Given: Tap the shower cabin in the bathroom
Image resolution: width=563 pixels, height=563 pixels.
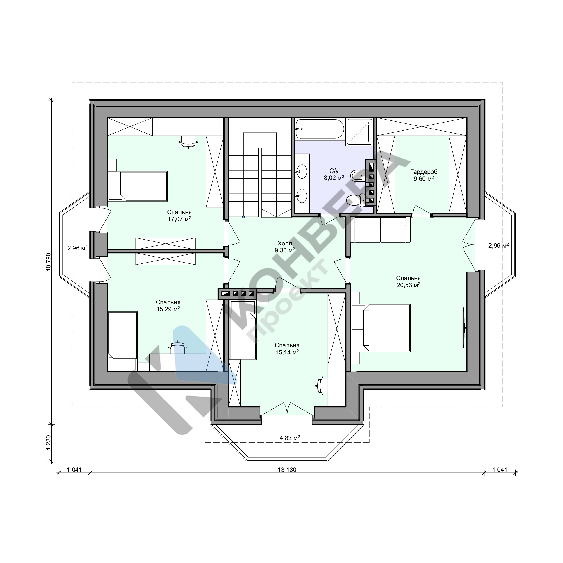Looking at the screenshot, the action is tap(359, 132).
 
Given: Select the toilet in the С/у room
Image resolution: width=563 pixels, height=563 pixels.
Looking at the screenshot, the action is tap(356, 200).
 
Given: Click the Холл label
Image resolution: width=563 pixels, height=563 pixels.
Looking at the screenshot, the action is tap(285, 243).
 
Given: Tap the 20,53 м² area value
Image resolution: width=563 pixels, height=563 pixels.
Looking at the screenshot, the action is tap(408, 285).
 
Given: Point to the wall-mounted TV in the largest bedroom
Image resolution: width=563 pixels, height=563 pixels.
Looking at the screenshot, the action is tap(463, 327).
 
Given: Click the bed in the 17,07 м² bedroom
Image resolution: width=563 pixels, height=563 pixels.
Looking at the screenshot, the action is tap(138, 186).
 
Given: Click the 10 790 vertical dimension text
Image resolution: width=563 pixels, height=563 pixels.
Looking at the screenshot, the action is tap(49, 262).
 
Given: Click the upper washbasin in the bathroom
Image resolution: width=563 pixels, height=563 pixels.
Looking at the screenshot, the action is tap(302, 171).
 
